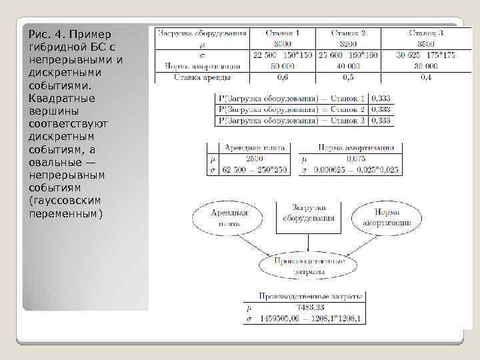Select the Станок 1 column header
pos(282,32)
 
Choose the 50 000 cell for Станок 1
pos(283,65)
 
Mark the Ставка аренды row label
pos(201,77)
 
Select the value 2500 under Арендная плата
pos(255,159)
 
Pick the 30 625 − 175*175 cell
pos(425,55)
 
